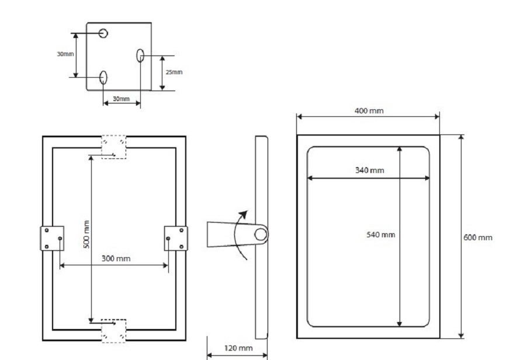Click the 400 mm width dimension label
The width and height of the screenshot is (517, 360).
[369, 110]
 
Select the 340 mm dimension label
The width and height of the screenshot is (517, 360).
[369, 170]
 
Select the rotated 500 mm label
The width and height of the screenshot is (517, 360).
[86, 234]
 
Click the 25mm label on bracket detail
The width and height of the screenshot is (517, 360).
[174, 72]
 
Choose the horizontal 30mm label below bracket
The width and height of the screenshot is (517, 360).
[121, 99]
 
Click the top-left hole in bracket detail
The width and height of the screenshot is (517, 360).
[103, 33]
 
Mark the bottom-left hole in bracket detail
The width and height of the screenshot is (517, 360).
[103, 77]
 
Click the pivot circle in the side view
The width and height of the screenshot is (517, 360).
[261, 235]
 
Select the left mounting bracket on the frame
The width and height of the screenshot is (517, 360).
[52, 238]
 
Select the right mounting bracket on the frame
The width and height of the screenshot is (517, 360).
[175, 238]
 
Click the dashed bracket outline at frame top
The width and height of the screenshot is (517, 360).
[114, 147]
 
